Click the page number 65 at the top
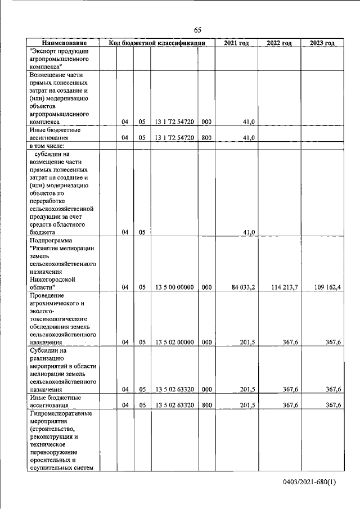tap(197, 30)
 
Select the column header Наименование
tap(64, 43)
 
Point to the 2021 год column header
tap(236, 43)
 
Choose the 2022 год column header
tap(279, 43)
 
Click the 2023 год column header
tap(322, 43)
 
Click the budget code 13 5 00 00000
tap(174, 287)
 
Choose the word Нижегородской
tap(55, 279)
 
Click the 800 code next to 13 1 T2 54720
tap(206, 137)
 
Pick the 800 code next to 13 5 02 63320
tap(206, 405)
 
